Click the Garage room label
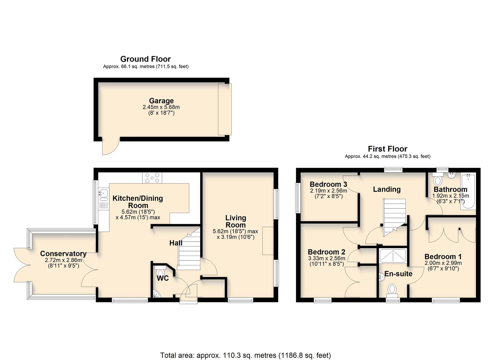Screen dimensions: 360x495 click(161, 101)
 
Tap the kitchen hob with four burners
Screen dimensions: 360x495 click(152, 178)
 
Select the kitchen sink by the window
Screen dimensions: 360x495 click(104, 193)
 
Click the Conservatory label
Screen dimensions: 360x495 click(63, 254)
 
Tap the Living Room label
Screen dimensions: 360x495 click(236, 221)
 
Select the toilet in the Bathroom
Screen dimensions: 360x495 click(437, 180)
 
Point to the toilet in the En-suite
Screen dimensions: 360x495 click(392, 289)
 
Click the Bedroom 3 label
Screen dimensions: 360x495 click(328, 184)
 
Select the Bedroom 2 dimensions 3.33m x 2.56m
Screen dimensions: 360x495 click(326, 258)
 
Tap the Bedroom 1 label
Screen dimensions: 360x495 click(443, 257)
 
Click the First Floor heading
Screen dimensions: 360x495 click(387, 149)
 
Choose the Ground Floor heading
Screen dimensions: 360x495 click(145, 59)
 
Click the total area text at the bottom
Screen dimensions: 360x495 click(245, 355)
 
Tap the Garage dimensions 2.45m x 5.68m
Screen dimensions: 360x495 click(161, 107)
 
